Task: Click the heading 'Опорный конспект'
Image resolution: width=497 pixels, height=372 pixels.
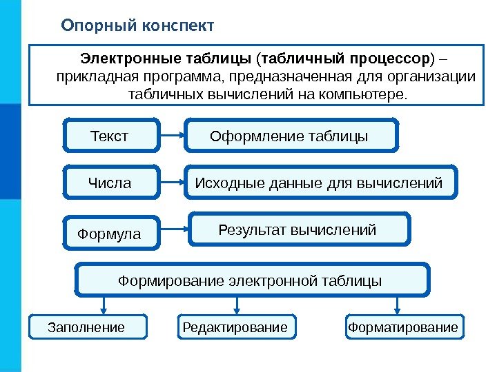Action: (x=137, y=26)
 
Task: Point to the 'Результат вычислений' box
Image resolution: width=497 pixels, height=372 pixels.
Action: (x=299, y=229)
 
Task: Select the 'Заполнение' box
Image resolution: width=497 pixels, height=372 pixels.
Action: (x=88, y=327)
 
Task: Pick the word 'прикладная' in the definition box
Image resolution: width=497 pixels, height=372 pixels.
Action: (x=92, y=75)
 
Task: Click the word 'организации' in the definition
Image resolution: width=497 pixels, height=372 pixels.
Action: (x=436, y=75)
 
